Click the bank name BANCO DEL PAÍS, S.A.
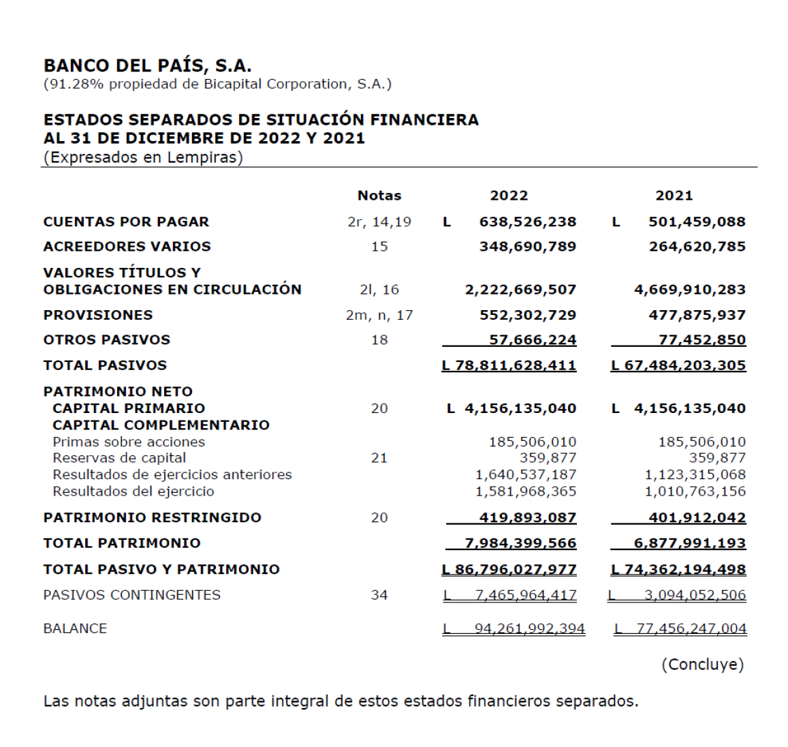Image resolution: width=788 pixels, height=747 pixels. click(147, 66)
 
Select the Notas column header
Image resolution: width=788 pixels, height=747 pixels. click(379, 196)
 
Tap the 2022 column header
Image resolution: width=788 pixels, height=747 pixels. click(509, 196)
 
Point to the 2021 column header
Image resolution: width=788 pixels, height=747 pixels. click(674, 196)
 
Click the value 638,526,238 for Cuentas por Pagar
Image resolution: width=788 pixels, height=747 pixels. click(527, 222)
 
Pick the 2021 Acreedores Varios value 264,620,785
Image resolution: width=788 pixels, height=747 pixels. click(697, 247)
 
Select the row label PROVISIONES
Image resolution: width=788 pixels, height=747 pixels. click(98, 316)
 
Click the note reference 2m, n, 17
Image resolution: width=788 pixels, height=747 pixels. click(379, 316)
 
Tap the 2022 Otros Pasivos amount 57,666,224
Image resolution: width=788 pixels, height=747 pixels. click(532, 340)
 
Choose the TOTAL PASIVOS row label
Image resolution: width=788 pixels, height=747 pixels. click(105, 365)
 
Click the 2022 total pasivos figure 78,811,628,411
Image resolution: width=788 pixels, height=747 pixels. click(515, 365)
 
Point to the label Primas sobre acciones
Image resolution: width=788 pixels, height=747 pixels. click(129, 442)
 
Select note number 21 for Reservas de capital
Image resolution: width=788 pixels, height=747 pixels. click(379, 458)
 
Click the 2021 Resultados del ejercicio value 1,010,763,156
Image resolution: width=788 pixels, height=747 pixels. click(695, 491)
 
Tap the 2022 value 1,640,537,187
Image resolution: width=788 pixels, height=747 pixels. click(526, 474)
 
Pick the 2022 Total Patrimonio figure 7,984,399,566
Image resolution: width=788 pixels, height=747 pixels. click(520, 543)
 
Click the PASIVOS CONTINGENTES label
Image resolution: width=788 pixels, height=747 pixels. click(132, 595)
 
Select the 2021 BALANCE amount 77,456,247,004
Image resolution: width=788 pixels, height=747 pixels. click(691, 628)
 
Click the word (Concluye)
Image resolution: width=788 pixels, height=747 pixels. click(702, 665)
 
